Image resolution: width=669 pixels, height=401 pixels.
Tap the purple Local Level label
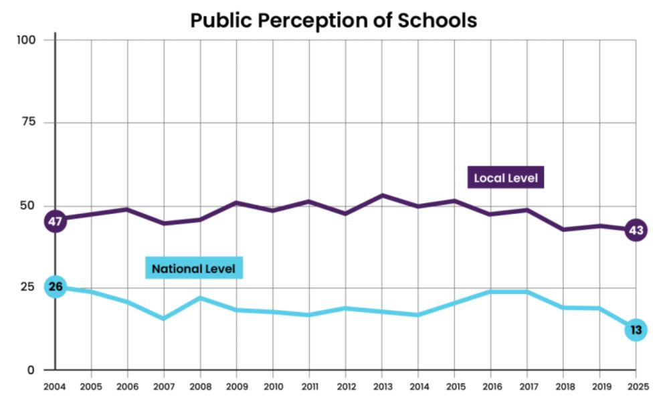[505, 178]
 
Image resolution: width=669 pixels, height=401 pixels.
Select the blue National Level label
[193, 269]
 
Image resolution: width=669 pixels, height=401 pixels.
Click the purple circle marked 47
[56, 221]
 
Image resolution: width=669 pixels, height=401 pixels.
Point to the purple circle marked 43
[636, 231]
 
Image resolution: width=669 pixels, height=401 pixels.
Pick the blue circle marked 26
[56, 287]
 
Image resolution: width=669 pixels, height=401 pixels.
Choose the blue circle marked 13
[636, 329]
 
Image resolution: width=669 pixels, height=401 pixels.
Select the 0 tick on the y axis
[31, 370]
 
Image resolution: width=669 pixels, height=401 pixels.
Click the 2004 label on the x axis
[54, 386]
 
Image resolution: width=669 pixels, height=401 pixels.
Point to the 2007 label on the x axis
[163, 386]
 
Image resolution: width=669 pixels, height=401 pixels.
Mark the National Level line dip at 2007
[163, 318]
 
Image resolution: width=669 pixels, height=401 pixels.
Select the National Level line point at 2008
[200, 297]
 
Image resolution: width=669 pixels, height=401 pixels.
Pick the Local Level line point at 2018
[563, 229]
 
